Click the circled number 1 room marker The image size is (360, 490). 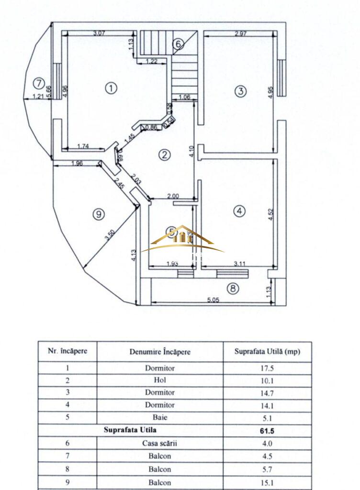[x=111, y=88]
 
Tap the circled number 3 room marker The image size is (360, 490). [x=241, y=90]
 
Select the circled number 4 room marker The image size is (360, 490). [x=240, y=210]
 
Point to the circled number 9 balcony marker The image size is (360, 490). [x=98, y=214]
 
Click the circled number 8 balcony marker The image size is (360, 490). [x=233, y=289]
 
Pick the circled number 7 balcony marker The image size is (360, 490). [x=38, y=83]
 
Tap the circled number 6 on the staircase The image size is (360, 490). [x=178, y=44]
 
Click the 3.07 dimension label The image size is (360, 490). [x=99, y=33]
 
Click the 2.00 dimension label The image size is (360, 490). [x=173, y=196]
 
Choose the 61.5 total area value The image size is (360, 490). [x=267, y=431]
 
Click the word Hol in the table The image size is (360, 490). [x=160, y=381]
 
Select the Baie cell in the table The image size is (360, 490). [x=160, y=417]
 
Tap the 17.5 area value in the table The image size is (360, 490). [x=267, y=368]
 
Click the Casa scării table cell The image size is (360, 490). [x=160, y=443]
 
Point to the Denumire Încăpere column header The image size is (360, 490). [x=160, y=352]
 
